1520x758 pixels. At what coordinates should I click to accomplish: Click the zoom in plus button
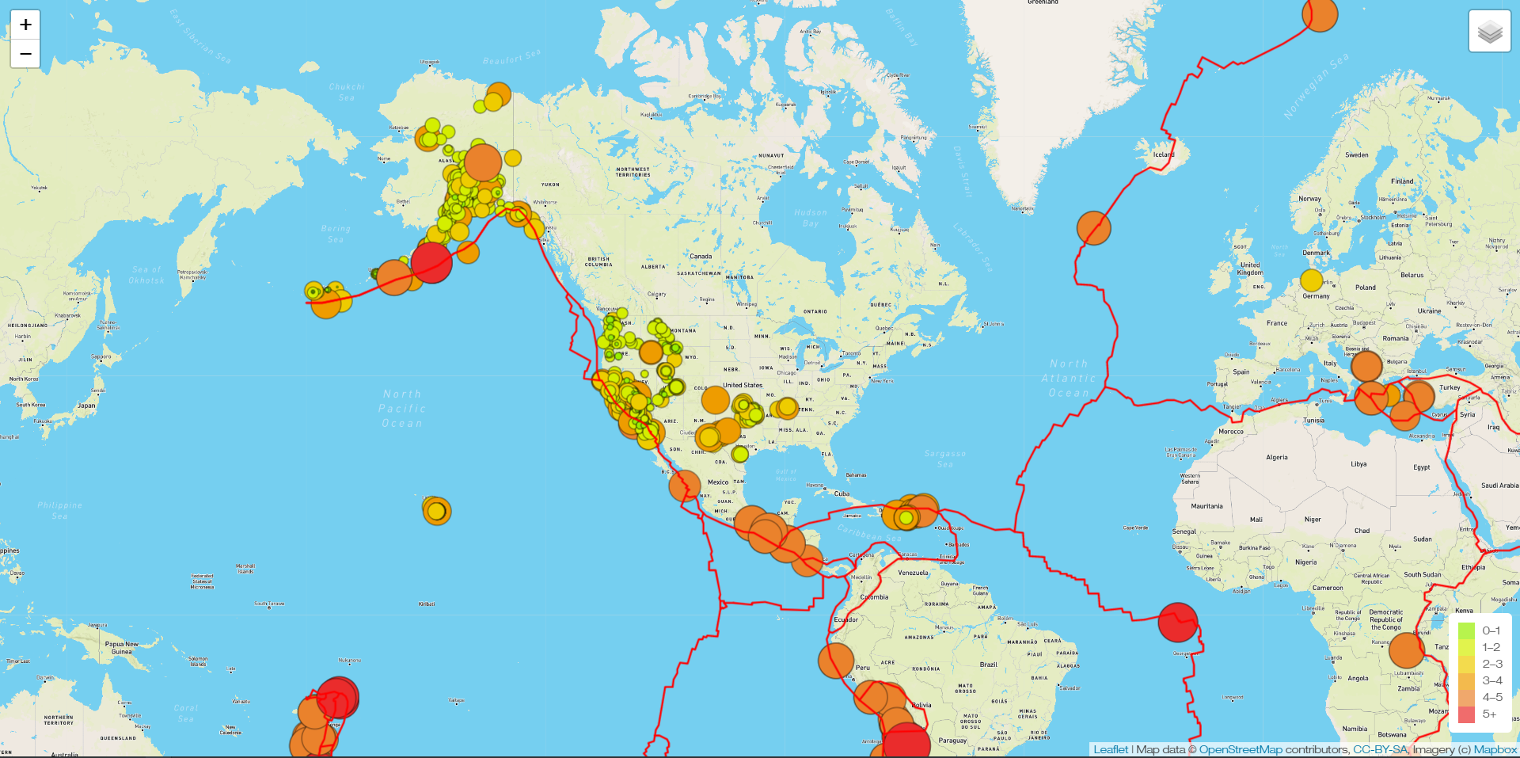(x=25, y=25)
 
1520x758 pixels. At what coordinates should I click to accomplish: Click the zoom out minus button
(x=25, y=54)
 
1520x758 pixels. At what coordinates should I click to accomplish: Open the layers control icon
(x=1489, y=32)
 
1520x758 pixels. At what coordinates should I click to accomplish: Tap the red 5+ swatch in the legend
(x=1466, y=714)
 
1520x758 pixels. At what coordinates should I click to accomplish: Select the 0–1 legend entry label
(x=1491, y=630)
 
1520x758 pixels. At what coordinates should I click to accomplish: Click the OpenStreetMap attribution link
(x=1240, y=749)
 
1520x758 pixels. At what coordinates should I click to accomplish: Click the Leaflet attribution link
(x=1111, y=749)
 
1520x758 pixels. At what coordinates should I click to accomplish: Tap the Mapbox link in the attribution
(x=1495, y=749)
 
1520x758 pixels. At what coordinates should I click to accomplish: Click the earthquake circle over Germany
(x=1312, y=280)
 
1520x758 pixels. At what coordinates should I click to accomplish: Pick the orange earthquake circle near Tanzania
(x=1407, y=651)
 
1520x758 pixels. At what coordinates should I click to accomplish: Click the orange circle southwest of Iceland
(x=1094, y=228)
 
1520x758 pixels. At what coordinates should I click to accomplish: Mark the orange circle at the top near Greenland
(x=1320, y=14)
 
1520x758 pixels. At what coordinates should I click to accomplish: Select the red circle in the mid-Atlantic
(x=1177, y=622)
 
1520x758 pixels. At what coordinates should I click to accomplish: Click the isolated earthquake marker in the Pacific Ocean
(x=436, y=511)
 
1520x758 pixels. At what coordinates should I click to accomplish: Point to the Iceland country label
(x=1163, y=154)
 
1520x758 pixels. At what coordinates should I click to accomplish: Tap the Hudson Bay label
(x=811, y=218)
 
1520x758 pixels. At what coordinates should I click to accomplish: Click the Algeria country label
(x=1276, y=457)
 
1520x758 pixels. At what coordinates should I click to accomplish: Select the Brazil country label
(x=988, y=665)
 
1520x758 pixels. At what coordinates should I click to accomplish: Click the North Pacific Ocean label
(x=402, y=409)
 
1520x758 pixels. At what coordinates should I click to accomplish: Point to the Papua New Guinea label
(x=121, y=648)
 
